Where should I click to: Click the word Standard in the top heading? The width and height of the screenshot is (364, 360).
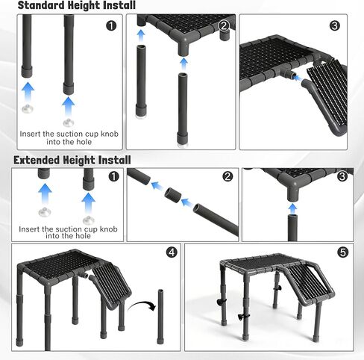pyautogui.click(x=42, y=5)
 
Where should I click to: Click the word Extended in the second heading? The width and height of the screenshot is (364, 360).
pyautogui.click(x=37, y=160)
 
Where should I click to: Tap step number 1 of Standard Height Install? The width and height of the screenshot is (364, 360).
pyautogui.click(x=111, y=25)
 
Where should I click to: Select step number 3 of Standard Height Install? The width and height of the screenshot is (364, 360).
pyautogui.click(x=334, y=25)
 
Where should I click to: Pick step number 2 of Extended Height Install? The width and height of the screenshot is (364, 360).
pyautogui.click(x=228, y=176)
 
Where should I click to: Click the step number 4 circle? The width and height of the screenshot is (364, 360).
pyautogui.click(x=172, y=252)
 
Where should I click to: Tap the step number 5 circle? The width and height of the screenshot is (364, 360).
pyautogui.click(x=343, y=252)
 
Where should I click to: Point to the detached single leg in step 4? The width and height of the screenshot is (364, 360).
pyautogui.click(x=160, y=317)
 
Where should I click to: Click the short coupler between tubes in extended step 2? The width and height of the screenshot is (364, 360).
pyautogui.click(x=172, y=196)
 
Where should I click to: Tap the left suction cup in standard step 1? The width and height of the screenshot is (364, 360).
pyautogui.click(x=28, y=109)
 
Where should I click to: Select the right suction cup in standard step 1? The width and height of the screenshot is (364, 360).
pyautogui.click(x=69, y=122)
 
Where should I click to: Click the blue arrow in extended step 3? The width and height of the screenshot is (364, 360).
pyautogui.click(x=292, y=208)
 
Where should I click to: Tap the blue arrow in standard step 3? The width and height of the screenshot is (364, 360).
pyautogui.click(x=298, y=78)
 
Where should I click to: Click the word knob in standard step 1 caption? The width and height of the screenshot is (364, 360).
pyautogui.click(x=110, y=134)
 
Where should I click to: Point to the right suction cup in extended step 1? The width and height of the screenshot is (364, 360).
pyautogui.click(x=88, y=220)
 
